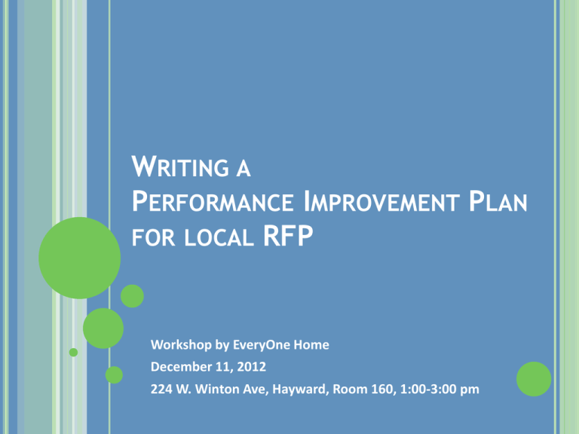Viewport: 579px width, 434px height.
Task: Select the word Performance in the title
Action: [x=213, y=201]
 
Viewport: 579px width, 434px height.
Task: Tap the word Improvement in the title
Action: [x=381, y=201]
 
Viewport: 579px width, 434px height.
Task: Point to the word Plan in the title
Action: [x=498, y=201]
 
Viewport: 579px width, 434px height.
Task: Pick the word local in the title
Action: [x=219, y=237]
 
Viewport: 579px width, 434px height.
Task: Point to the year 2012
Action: [x=252, y=367]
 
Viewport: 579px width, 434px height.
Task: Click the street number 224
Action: [x=161, y=389]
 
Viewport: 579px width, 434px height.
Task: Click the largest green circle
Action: [x=80, y=258]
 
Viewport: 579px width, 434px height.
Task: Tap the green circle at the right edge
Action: [x=534, y=379]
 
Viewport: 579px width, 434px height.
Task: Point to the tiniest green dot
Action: [x=73, y=353]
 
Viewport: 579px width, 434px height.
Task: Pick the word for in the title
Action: [x=153, y=237]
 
